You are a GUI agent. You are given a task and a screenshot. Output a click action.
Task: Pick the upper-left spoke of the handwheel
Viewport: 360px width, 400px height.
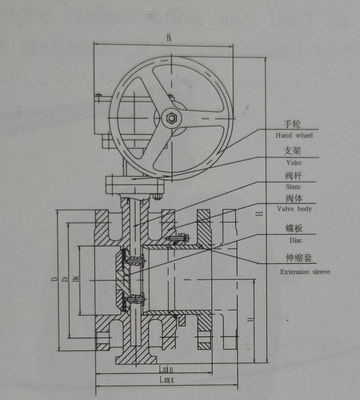pyautogui.click(x=150, y=94)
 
